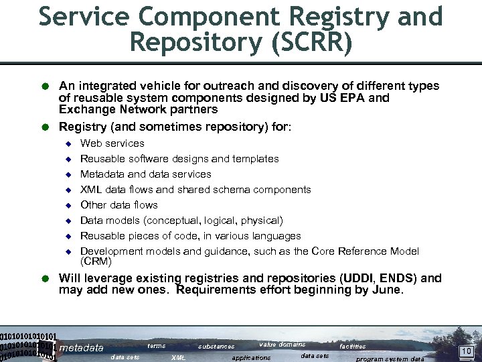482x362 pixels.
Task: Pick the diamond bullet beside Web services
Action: coord(67,143)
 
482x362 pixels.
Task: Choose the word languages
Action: coord(277,236)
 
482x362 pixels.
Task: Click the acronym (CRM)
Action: coord(96,261)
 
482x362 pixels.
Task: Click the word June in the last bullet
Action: coord(388,290)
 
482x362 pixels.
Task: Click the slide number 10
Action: coord(466,351)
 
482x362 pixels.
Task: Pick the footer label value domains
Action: coord(282,345)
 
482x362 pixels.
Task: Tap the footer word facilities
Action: coord(352,347)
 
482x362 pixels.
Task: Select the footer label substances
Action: coord(216,347)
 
